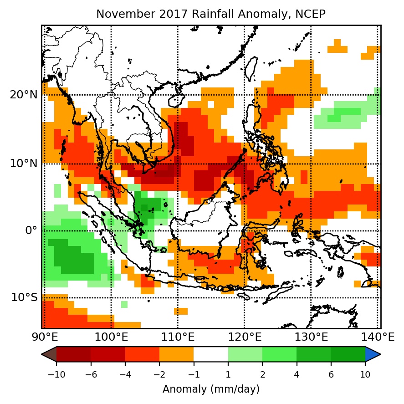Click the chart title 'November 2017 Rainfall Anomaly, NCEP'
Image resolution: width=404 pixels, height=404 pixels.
tap(211, 14)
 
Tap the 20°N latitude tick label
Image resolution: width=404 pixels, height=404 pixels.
tap(24, 95)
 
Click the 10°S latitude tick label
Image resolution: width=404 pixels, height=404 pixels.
tap(24, 298)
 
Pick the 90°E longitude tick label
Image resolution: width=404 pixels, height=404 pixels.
tap(45, 338)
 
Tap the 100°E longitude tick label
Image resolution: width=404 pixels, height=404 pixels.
tap(111, 338)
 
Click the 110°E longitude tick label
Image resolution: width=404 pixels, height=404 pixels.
tap(178, 338)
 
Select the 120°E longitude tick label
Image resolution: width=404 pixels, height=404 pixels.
tap(244, 338)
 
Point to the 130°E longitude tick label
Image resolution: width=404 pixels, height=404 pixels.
tap(311, 338)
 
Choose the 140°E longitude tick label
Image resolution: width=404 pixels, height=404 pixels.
tap(377, 338)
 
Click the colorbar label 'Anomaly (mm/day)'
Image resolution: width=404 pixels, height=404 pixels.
tap(211, 389)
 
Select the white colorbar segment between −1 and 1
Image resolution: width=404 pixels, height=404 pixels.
tap(211, 354)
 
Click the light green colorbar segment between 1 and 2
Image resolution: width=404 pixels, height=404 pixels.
tap(245, 354)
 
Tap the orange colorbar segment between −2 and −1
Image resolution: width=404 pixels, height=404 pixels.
tap(176, 354)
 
